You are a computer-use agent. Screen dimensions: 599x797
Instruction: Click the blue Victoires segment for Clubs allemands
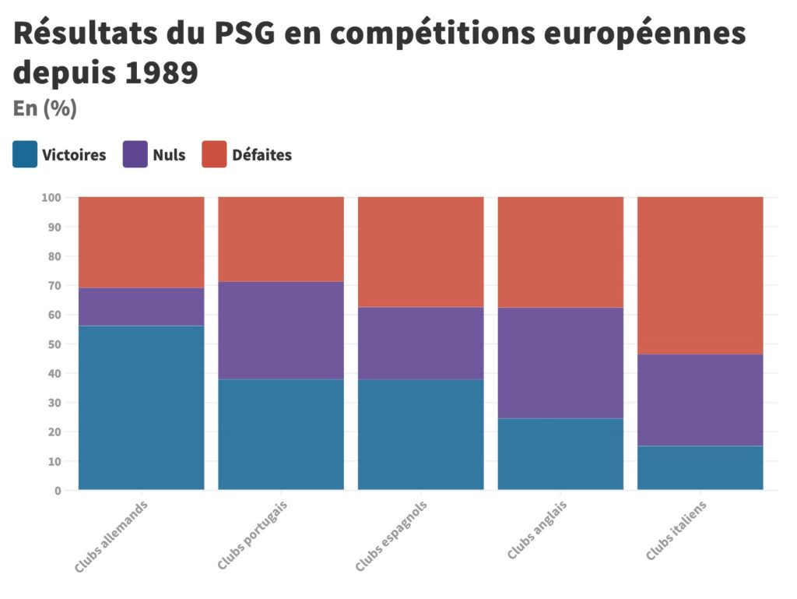[x=141, y=407]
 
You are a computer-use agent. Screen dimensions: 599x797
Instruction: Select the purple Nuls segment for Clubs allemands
[x=141, y=306]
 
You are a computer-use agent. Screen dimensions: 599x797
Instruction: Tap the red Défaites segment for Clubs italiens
[x=700, y=276]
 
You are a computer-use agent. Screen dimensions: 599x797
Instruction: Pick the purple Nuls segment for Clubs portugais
[x=281, y=330]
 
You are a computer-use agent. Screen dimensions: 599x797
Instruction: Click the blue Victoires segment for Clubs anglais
[x=560, y=454]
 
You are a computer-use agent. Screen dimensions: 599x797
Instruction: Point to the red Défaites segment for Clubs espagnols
[x=421, y=252]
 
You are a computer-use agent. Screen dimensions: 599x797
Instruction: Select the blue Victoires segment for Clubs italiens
[x=700, y=467]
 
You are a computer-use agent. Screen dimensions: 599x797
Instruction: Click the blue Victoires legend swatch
[x=25, y=154]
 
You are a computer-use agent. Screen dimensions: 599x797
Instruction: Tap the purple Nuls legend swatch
[x=135, y=154]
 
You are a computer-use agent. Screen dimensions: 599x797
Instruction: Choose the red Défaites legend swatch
[x=214, y=154]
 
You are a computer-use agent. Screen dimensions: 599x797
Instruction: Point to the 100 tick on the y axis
[x=51, y=198]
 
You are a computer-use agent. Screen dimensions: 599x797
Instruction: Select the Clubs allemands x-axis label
[x=111, y=537]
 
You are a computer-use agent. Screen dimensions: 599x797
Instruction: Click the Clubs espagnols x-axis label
[x=391, y=537]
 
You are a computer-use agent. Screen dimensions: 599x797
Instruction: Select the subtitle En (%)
[x=44, y=109]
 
